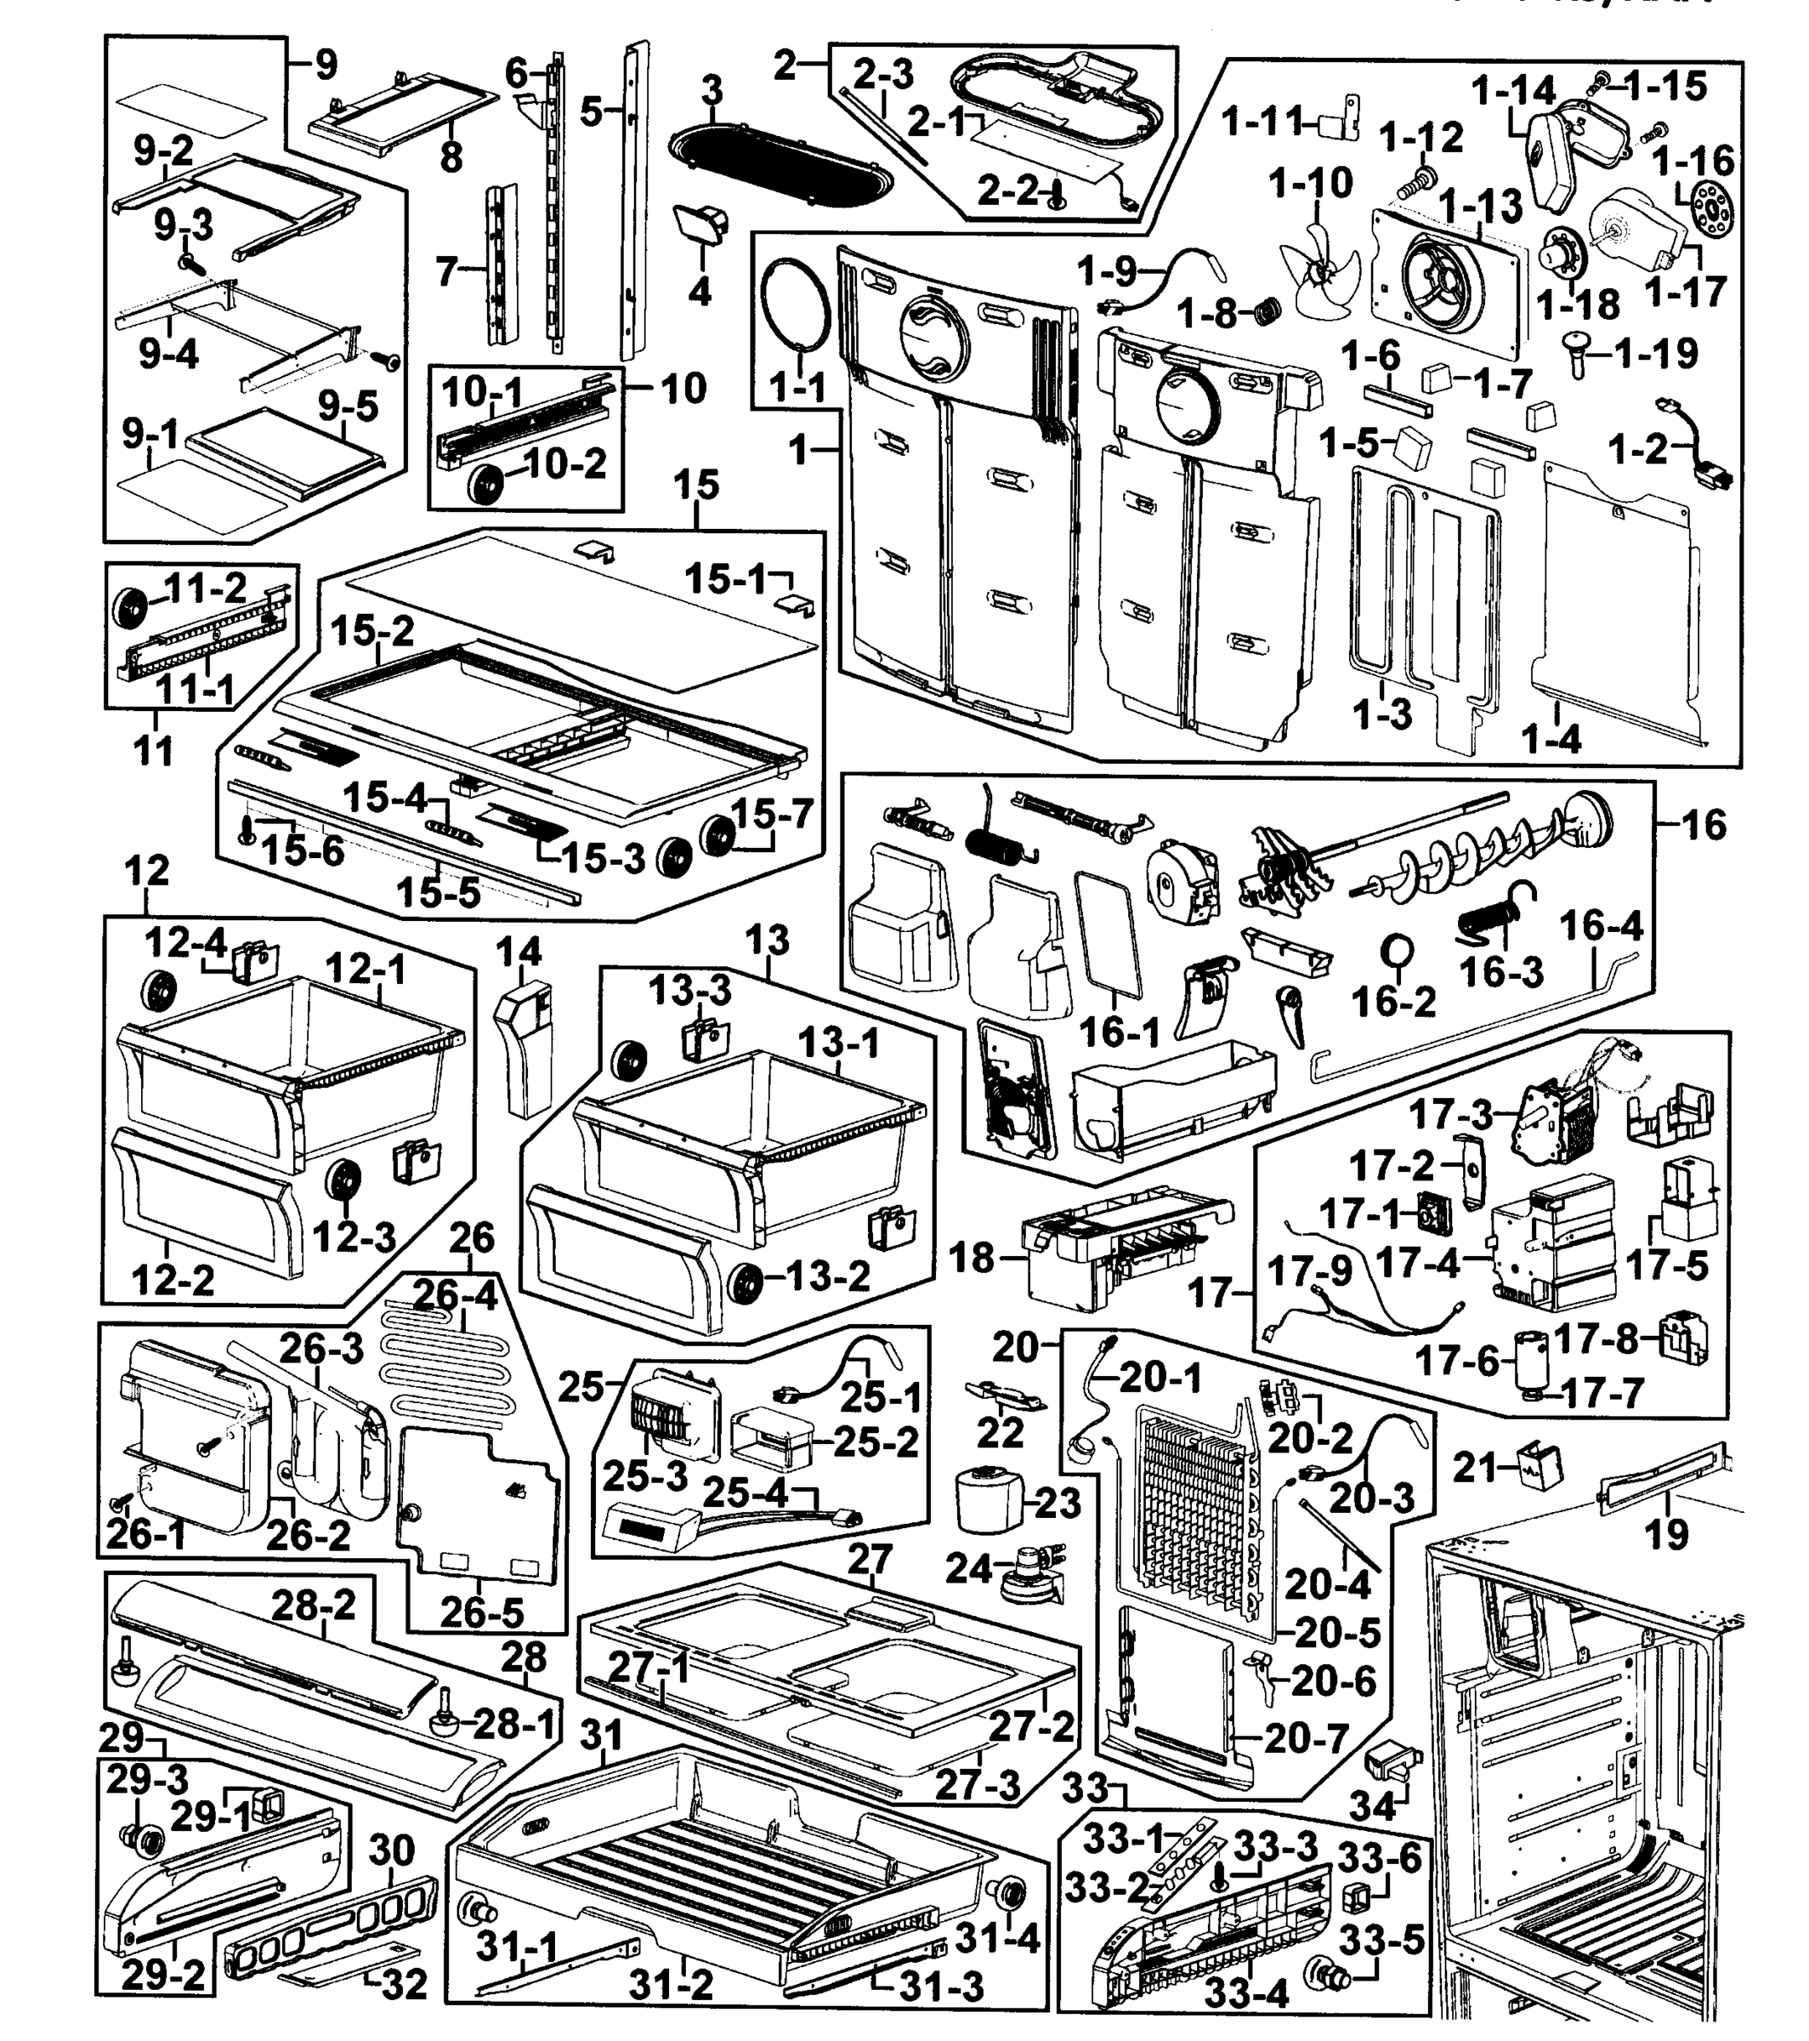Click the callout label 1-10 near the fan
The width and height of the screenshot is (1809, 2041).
pos(1311,184)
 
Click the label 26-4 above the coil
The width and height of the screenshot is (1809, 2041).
pos(454,1296)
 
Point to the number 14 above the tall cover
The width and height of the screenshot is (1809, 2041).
pos(519,951)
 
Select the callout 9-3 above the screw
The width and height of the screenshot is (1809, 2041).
pos(184,225)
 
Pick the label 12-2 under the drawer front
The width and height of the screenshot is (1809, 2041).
pos(173,1279)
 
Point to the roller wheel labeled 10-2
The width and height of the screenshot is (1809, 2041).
pos(486,486)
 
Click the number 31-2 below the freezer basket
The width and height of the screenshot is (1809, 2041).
pos(671,1984)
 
